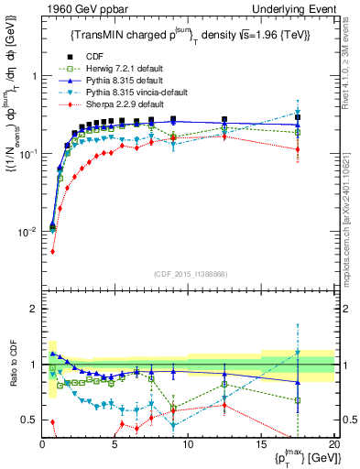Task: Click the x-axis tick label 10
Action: [x=188, y=444]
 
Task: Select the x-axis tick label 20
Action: [x=333, y=444]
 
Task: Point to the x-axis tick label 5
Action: [x=115, y=444]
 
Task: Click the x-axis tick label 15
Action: [x=261, y=444]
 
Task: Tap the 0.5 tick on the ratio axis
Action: [x=31, y=420]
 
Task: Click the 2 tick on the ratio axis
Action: [x=35, y=309]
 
